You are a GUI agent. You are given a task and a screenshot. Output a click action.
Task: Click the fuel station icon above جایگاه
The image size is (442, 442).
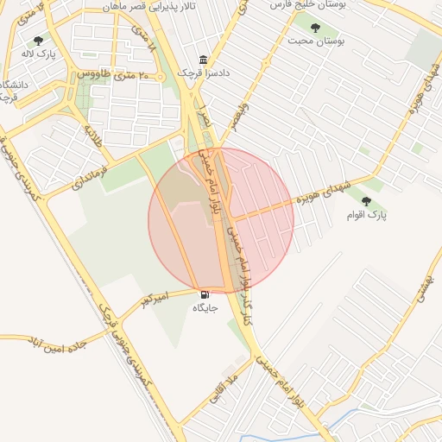tap(205, 294)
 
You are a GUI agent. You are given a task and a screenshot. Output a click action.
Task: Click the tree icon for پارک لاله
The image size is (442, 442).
tap(37, 41)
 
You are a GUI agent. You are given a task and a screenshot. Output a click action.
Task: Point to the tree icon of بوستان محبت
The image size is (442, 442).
tap(326, 27)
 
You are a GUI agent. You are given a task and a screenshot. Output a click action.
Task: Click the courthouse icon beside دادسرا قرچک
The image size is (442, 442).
tap(203, 60)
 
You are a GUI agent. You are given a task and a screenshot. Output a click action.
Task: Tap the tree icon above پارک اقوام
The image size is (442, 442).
tap(366, 200)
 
